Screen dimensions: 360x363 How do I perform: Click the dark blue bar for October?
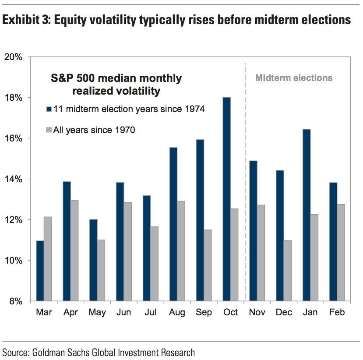(x=226, y=199)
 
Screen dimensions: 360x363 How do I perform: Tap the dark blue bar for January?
(x=306, y=215)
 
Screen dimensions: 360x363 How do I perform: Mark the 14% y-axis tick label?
(x=17, y=179)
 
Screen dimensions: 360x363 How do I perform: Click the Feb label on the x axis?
(x=337, y=312)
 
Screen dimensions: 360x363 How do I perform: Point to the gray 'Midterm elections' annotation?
(x=294, y=78)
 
